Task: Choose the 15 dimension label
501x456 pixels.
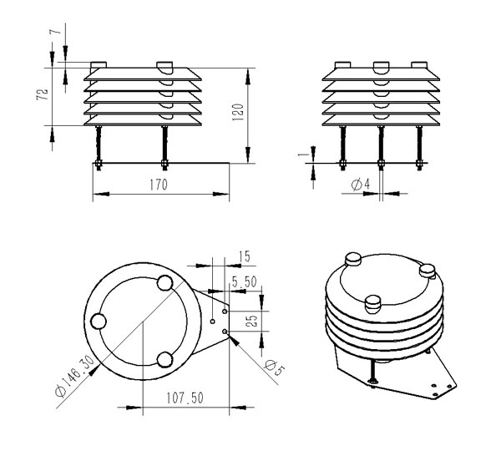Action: [244, 256]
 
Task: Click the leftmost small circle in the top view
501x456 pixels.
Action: [99, 321]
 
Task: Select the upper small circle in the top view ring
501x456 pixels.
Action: [164, 284]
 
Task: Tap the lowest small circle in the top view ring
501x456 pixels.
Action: [164, 360]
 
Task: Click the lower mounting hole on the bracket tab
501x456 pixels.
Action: [226, 332]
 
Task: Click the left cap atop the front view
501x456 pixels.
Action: [99, 64]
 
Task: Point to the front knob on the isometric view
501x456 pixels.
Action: [372, 302]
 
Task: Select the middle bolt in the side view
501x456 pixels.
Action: [382, 146]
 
